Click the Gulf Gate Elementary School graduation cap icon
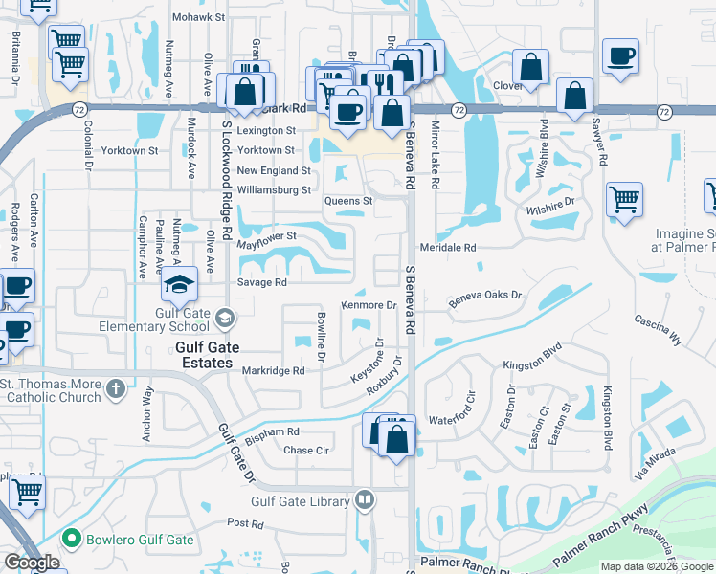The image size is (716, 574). click(179, 283)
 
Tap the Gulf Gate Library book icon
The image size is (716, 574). click(365, 499)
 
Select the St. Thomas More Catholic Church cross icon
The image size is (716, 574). click(116, 388)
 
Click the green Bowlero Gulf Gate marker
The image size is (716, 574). click(70, 540)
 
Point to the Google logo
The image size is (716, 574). click(32, 563)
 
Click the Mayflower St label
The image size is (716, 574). click(267, 235)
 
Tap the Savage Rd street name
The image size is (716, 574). click(261, 282)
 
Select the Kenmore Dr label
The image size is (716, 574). click(369, 305)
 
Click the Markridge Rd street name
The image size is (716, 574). click(273, 370)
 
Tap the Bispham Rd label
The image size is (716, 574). click(273, 431)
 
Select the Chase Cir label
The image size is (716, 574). click(306, 450)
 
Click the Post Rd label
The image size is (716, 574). click(245, 523)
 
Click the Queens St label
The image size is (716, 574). click(347, 202)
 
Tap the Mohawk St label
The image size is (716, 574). click(198, 17)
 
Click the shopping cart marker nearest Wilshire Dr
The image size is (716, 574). click(624, 201)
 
